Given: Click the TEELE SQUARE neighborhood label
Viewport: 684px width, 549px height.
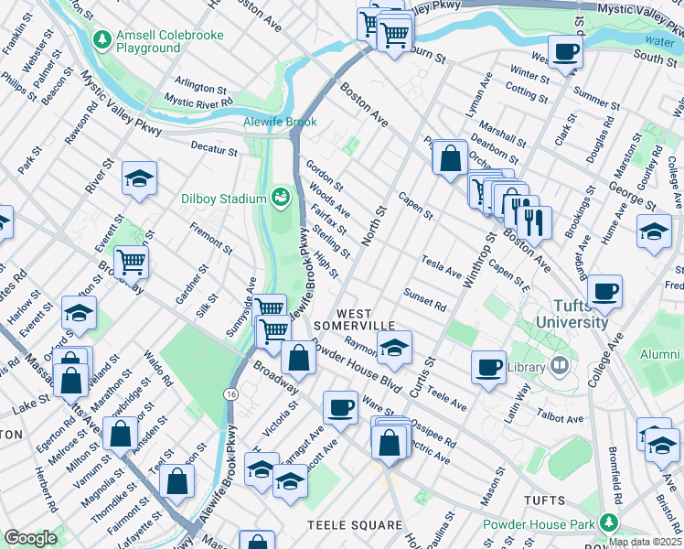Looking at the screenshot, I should point(354,524).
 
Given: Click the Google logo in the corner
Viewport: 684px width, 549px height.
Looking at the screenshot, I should point(30,538).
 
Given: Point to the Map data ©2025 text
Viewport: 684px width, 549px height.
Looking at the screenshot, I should point(645,542).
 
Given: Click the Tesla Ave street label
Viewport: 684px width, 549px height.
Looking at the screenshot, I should point(442,266).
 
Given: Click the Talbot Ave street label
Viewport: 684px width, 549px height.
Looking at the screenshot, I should point(561,418).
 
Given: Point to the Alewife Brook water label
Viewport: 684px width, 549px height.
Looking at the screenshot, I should point(280,122).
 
